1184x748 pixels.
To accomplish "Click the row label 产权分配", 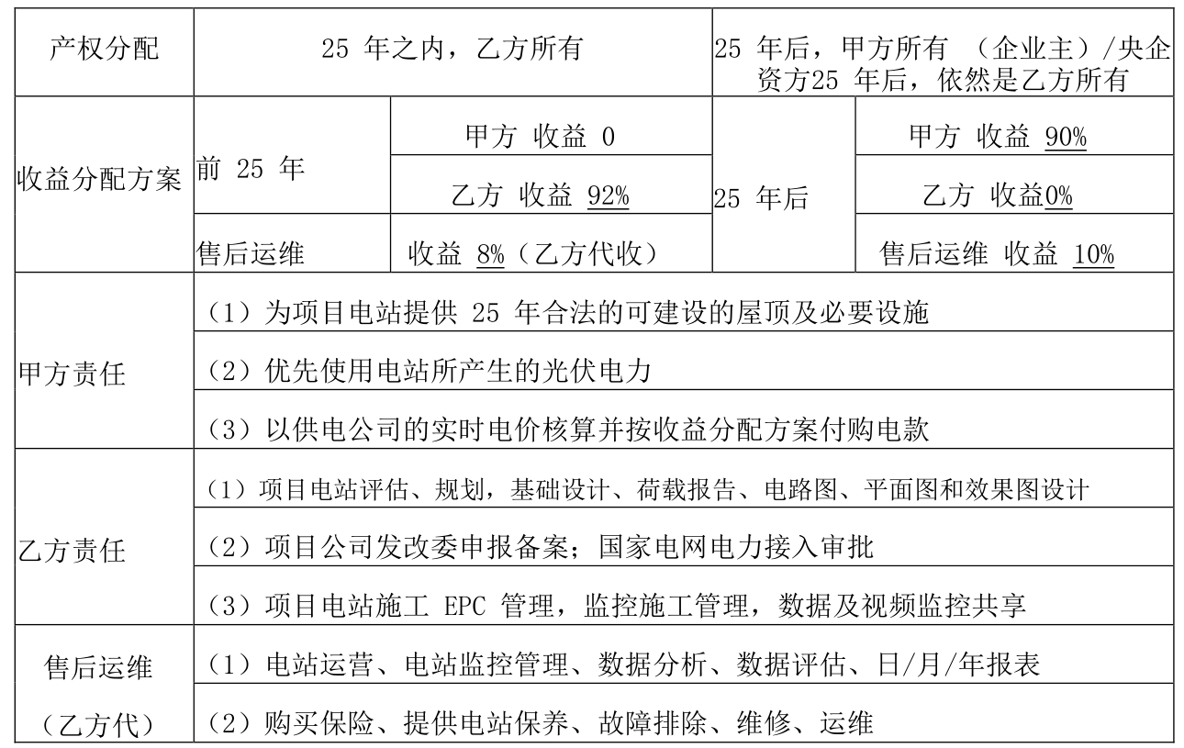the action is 104,49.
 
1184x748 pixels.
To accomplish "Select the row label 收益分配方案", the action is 99,179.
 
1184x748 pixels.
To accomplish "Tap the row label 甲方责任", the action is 72,374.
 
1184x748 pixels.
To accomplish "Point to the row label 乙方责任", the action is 72,551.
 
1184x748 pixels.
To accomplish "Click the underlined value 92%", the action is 609,196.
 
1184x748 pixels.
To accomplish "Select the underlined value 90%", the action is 1066,137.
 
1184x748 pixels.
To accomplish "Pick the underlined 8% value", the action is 490,255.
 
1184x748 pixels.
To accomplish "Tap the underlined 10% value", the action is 1094,255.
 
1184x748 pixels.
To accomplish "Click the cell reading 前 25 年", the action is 251,169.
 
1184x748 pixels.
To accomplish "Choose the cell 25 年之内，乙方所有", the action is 452,49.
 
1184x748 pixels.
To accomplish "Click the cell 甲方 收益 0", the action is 541,137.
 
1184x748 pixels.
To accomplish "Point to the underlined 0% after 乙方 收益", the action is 1059,196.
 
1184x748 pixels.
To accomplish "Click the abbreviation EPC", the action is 464,607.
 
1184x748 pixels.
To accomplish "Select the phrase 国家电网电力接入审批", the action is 736,548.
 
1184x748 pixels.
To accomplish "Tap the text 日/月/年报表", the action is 958,665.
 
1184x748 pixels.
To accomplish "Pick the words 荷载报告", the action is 686,489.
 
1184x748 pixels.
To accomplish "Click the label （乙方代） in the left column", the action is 99,725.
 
